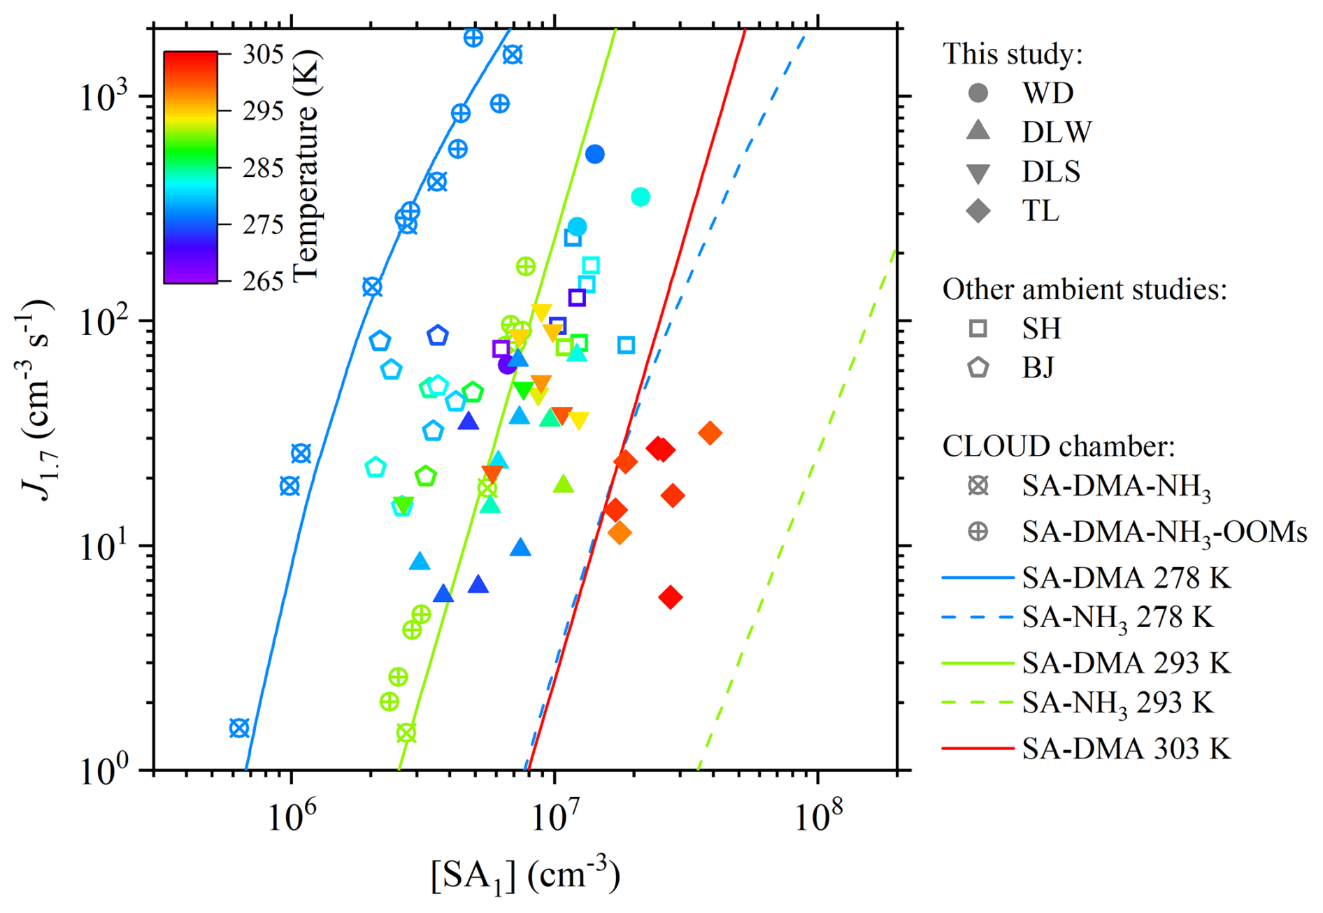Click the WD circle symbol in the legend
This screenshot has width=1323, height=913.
(x=978, y=92)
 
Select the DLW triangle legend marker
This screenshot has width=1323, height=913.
(x=978, y=131)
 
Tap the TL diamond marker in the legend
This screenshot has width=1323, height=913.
(x=978, y=210)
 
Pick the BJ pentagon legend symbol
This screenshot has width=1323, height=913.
(x=978, y=367)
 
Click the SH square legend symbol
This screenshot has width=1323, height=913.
(x=978, y=329)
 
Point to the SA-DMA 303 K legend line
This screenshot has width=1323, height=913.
(x=978, y=749)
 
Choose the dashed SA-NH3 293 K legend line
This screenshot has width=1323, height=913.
(x=978, y=703)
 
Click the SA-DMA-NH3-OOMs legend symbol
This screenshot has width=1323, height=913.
(x=978, y=532)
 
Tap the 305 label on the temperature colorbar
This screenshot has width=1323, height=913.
(x=263, y=55)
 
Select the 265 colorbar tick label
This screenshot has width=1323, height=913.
(x=263, y=281)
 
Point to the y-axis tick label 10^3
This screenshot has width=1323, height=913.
(x=105, y=97)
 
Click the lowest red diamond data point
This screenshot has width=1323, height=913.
(x=671, y=598)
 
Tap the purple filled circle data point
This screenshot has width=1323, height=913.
(x=507, y=365)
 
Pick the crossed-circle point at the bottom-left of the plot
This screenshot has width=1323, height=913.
(x=239, y=728)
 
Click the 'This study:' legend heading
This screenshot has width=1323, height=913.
(x=1013, y=54)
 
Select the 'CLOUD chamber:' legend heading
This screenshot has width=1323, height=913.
(x=1059, y=446)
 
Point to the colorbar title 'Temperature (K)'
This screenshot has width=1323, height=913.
(x=306, y=166)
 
